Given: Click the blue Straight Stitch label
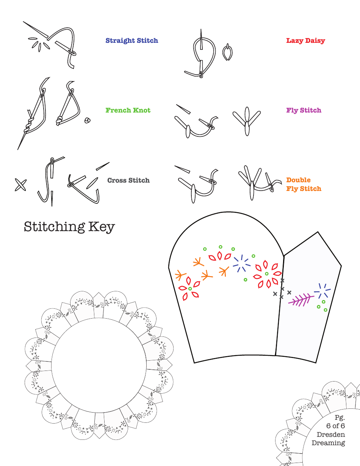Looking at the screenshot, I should click(x=131, y=41).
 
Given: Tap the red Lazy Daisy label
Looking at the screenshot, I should click(x=305, y=41).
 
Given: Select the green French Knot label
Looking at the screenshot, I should click(x=128, y=110).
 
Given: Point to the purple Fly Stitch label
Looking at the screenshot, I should click(x=304, y=110).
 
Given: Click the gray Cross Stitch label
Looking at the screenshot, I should click(x=128, y=180).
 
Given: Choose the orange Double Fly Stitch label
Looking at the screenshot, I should click(x=304, y=184).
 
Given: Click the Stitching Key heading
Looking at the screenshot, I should click(x=69, y=227).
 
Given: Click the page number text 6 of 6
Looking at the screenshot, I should click(x=335, y=426).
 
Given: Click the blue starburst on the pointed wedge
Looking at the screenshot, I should click(x=322, y=291).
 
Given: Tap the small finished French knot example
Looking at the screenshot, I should click(x=88, y=121).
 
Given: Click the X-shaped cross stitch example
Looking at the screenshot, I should click(x=20, y=185).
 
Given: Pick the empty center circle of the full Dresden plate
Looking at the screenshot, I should click(x=99, y=366).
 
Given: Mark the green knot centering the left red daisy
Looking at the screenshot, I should click(x=190, y=289).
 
